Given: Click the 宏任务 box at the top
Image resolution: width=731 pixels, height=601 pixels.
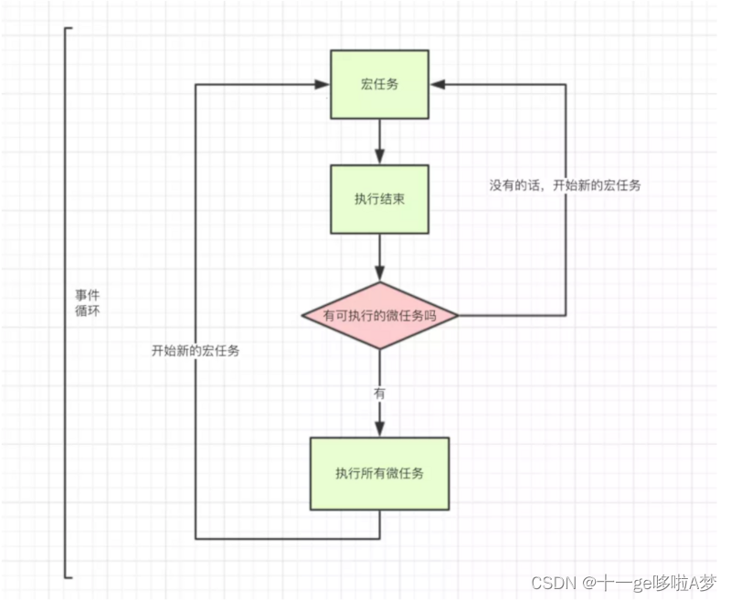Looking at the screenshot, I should (379, 84).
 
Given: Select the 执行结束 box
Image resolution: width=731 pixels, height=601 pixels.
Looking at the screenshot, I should (379, 198).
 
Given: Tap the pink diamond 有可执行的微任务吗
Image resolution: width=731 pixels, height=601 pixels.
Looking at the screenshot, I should (379, 316).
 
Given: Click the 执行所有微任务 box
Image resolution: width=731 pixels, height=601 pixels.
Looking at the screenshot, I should (379, 473).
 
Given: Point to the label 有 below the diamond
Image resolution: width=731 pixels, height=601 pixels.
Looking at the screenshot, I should (379, 393).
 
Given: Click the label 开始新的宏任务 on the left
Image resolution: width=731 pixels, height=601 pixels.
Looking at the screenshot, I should (196, 351).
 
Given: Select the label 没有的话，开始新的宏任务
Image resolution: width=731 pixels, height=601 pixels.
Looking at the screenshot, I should (564, 185).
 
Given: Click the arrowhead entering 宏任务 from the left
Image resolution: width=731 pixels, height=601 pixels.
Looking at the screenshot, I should (323, 84).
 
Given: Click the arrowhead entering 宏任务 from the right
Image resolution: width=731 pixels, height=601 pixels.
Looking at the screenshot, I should (438, 84).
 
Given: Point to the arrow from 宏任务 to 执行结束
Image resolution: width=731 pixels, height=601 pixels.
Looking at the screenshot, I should (379, 142).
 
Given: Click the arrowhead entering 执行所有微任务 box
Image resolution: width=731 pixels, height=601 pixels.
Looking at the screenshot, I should (379, 429).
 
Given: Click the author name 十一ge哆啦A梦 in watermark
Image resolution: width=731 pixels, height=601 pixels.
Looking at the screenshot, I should (657, 582).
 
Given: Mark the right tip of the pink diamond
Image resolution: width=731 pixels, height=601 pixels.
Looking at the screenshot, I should (457, 316).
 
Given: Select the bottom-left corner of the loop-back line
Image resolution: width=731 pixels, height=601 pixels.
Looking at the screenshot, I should (196, 538).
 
